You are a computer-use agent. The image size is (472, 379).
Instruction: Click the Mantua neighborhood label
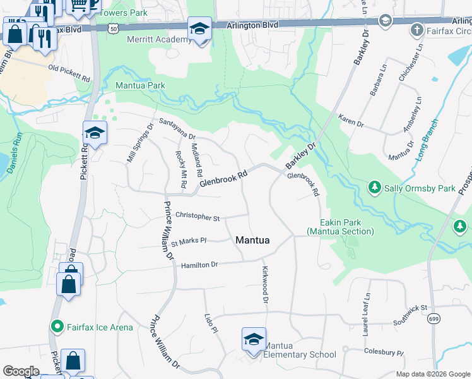[x=252, y=240]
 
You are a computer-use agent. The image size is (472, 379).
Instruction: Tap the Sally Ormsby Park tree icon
[x=375, y=188]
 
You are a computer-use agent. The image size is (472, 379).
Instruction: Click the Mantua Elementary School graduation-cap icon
[x=254, y=339]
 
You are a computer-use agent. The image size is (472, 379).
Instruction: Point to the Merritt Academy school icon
[x=199, y=29]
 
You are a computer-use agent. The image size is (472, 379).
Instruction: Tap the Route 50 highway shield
[x=113, y=28]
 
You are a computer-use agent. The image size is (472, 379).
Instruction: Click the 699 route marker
[x=434, y=321]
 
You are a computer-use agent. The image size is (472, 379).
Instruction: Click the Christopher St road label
[x=198, y=217]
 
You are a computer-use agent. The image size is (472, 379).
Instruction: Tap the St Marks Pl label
[x=189, y=241]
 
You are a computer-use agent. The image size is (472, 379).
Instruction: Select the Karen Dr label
[x=351, y=121]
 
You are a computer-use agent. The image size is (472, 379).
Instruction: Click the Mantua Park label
[x=140, y=85]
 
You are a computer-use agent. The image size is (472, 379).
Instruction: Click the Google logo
[x=20, y=371]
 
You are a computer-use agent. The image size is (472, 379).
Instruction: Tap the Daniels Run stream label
[x=15, y=148]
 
